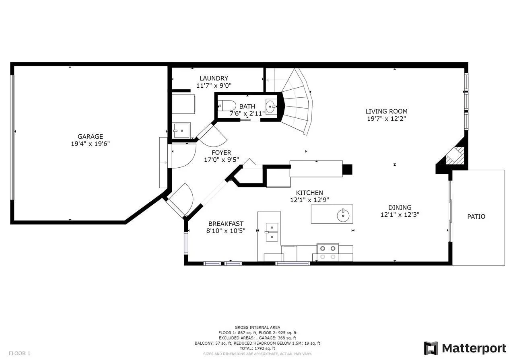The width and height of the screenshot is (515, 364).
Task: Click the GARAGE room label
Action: tap(90, 136)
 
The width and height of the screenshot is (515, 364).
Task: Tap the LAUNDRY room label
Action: tap(214, 78)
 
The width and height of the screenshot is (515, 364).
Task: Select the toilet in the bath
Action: tap(227, 106)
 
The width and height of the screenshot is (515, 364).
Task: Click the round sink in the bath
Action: tap(271, 107)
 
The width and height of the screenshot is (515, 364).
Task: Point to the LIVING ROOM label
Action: tap(387, 111)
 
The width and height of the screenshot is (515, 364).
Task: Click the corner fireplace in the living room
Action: tap(455, 156)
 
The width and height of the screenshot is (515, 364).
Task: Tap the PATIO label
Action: tap(476, 216)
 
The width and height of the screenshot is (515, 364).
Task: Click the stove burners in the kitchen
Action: tap(328, 253)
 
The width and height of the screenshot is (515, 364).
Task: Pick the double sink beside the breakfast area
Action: tap(272, 232)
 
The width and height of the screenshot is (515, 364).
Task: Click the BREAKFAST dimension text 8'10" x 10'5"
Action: tap(226, 231)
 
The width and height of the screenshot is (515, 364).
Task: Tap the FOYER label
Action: tap(221, 152)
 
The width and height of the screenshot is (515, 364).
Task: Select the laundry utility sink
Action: tap(181, 131)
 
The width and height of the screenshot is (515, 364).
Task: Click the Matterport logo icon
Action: tap(431, 348)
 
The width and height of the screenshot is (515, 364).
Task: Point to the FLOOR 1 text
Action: tap(20, 353)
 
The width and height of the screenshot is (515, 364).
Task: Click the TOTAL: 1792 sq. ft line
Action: tap(257, 348)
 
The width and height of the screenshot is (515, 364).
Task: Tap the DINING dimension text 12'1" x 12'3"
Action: tap(400, 215)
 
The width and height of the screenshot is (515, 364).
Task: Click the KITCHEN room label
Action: tap(309, 193)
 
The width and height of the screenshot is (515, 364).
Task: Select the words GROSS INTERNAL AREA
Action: tap(257, 327)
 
